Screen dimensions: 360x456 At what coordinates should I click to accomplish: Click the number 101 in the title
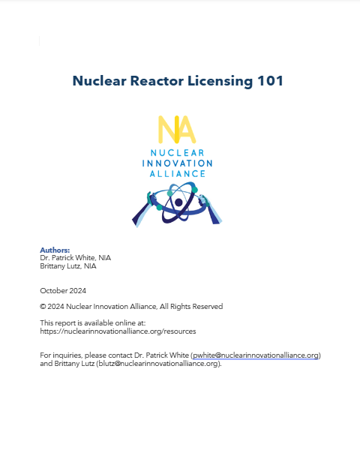270,81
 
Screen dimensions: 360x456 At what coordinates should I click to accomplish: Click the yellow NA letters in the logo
177,130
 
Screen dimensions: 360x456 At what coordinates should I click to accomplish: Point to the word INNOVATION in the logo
177,163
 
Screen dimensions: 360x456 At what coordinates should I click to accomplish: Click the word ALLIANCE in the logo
177,173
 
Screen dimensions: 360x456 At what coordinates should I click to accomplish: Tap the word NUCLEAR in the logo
177,153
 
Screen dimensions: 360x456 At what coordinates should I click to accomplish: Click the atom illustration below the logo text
177,205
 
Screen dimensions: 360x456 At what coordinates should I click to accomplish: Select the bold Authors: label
55,250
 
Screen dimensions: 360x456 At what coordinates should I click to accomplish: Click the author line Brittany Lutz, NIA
68,265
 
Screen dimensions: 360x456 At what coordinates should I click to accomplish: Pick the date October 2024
63,289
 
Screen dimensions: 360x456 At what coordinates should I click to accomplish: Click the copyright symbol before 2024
42,306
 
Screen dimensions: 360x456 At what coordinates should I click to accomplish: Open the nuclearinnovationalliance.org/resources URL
118,331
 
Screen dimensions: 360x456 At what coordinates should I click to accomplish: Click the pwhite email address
256,355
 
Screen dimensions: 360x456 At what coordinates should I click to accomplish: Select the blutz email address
158,363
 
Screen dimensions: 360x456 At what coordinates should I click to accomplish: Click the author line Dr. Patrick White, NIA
75,257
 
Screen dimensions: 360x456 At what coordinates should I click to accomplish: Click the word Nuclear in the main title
99,81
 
